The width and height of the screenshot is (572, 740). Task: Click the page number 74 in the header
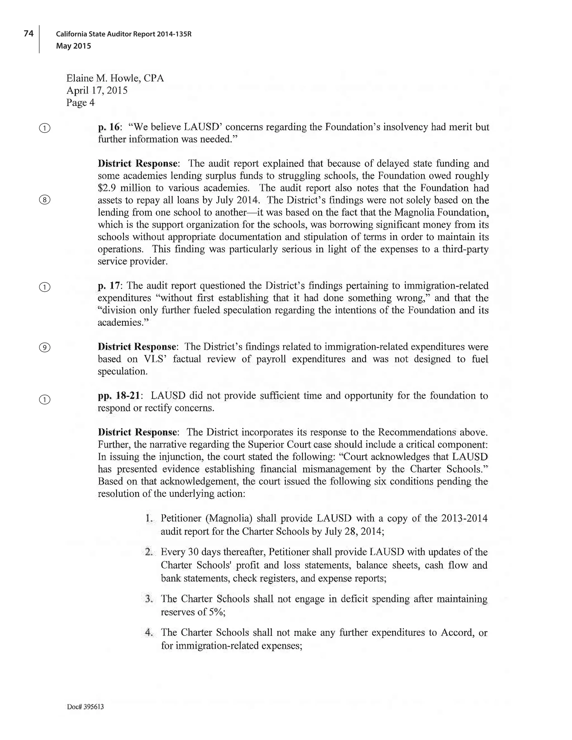pos(28,34)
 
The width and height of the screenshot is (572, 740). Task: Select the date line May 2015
pos(73,46)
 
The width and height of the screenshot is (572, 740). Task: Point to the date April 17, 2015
pos(97,90)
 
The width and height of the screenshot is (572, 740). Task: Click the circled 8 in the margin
pos(45,200)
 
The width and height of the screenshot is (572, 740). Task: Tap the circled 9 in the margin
pos(45,348)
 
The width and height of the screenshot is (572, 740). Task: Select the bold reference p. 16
pos(109,127)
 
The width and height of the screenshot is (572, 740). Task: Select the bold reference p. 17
pos(109,286)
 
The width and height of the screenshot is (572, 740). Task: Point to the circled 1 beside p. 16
pos(45,128)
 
